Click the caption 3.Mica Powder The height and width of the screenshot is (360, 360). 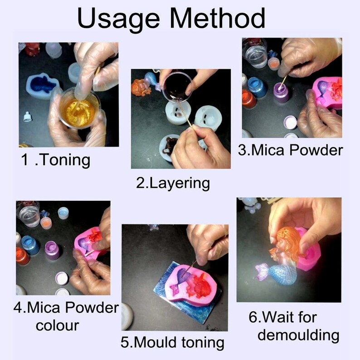point(290,150)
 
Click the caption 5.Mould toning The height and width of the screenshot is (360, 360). point(172,342)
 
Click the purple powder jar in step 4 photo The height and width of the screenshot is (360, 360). point(53,249)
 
